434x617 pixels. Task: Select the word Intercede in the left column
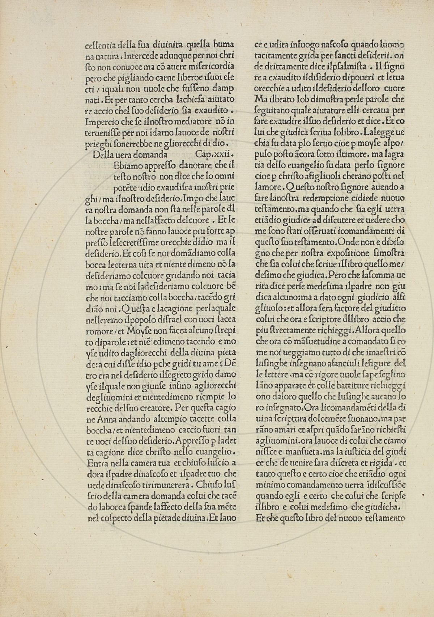tap(149, 56)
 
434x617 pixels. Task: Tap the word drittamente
tap(281, 67)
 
